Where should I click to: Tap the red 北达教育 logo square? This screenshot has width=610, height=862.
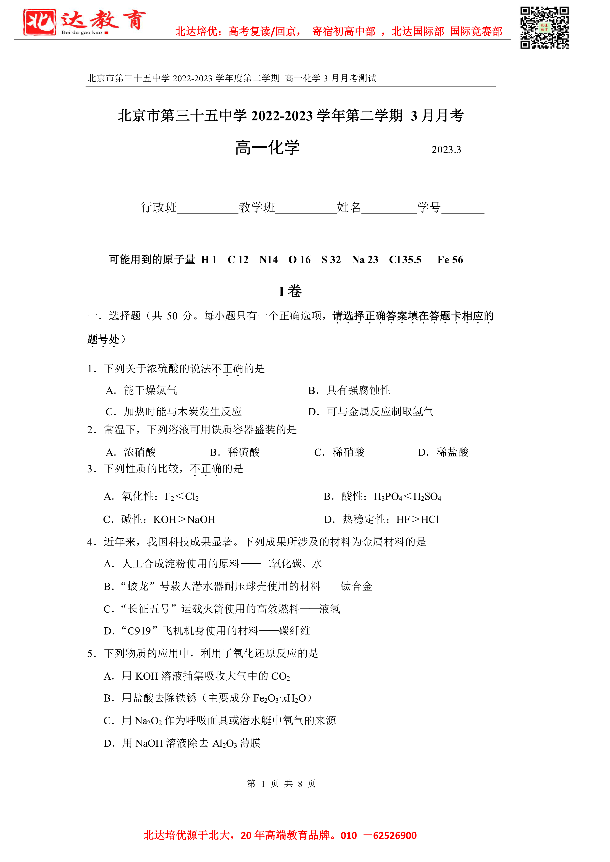point(40,23)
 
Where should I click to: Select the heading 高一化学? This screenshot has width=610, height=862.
point(268,147)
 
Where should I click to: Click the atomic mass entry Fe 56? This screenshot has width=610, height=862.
point(450,260)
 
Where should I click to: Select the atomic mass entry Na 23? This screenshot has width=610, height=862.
point(365,260)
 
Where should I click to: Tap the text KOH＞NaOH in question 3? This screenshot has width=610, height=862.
point(184,520)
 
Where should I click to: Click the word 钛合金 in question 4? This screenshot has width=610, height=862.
point(357,587)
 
